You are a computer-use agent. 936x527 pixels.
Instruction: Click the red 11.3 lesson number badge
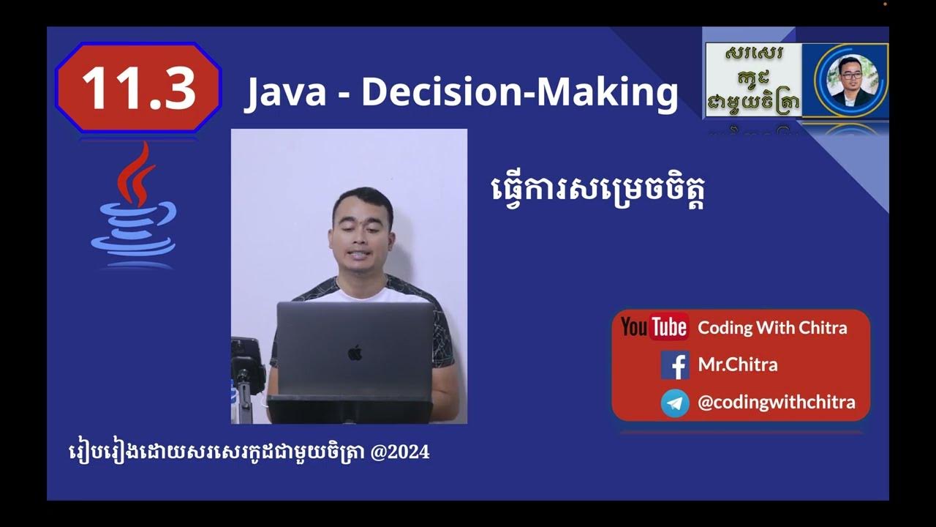pos(138,88)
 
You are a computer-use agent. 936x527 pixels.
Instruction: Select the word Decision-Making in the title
pos(520,92)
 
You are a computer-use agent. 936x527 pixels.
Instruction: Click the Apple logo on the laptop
pos(355,353)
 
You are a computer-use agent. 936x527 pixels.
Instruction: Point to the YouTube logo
pos(654,327)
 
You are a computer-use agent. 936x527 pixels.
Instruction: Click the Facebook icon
pos(675,365)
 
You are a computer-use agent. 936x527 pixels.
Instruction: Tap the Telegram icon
pos(675,403)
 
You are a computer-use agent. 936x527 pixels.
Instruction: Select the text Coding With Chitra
pos(772,327)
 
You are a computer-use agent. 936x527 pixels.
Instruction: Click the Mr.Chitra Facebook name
pos(737,365)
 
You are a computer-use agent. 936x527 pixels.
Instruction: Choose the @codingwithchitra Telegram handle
pos(776,402)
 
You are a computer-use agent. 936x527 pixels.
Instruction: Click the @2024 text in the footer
pos(400,452)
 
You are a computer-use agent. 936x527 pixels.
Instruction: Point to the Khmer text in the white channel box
pos(752,79)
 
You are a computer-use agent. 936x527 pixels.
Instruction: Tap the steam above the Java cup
pos(137,172)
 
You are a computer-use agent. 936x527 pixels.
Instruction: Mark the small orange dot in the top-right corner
pos(885,4)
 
